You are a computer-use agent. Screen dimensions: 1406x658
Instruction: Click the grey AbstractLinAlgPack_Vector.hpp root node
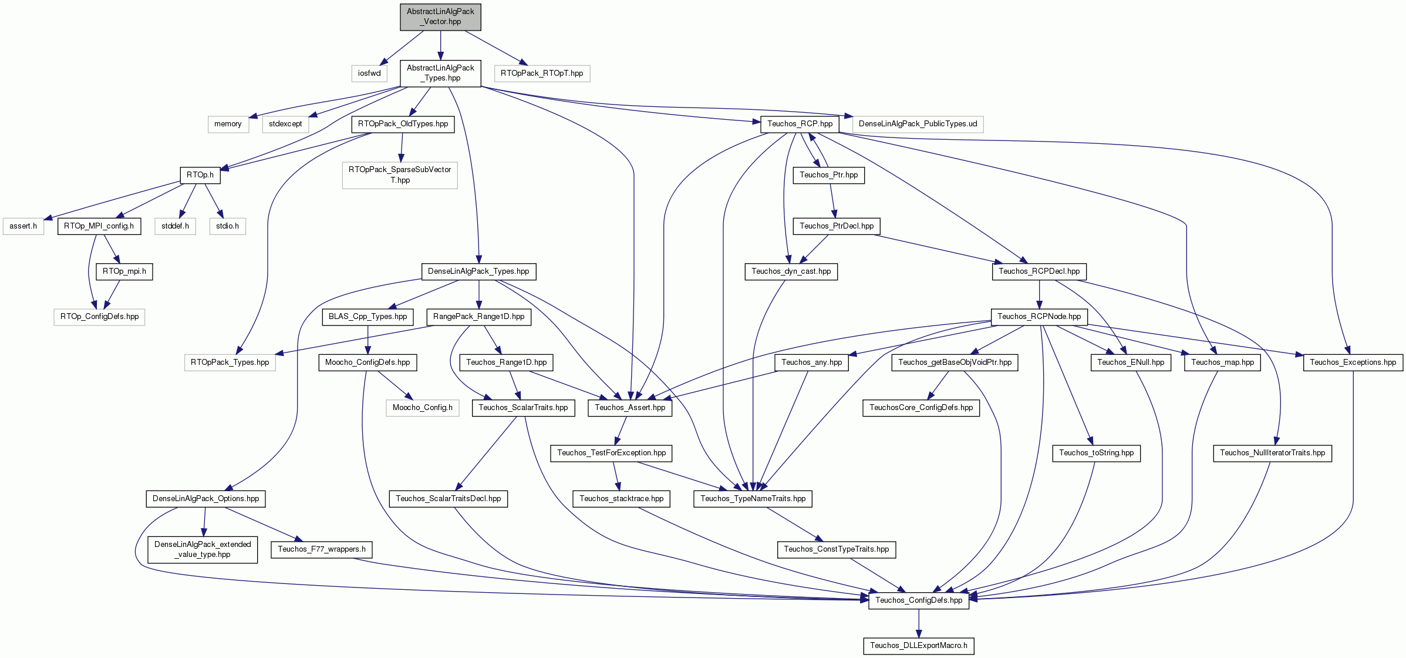[x=440, y=16]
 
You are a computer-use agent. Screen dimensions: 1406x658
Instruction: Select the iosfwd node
[x=369, y=73]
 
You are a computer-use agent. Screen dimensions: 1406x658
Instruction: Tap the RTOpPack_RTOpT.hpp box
[x=542, y=73]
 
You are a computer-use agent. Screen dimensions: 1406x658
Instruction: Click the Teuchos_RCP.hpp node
[x=800, y=124]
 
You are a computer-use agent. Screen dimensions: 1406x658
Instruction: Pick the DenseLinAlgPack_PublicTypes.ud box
[x=918, y=124]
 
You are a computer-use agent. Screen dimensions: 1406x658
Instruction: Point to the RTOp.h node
[x=200, y=175]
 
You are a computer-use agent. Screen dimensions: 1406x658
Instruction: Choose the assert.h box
[x=23, y=226]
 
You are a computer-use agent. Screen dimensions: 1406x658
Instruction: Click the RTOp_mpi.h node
[x=124, y=271]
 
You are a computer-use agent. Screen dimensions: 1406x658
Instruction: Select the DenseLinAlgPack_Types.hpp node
[x=478, y=271]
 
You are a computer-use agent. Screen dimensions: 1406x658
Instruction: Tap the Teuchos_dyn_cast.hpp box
[x=791, y=271]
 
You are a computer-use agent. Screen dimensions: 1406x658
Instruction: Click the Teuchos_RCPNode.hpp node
[x=1039, y=317]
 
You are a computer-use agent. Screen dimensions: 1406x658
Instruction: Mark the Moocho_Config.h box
[x=423, y=408]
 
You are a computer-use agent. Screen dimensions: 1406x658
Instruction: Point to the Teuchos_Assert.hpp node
[x=630, y=408]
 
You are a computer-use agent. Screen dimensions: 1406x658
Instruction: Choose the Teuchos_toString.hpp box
[x=1097, y=453]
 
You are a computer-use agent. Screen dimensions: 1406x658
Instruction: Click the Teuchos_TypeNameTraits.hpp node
[x=753, y=499]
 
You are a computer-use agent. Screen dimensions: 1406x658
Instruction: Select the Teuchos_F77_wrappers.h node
[x=322, y=549]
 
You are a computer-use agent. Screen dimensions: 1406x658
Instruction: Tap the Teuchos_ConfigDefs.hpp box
[x=919, y=600]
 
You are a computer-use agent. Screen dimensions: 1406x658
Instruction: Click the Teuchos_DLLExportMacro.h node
[x=919, y=646]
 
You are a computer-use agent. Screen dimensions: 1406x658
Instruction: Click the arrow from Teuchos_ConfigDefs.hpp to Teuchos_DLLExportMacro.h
[x=919, y=623]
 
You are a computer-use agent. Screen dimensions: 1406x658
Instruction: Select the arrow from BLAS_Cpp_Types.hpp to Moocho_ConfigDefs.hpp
[x=367, y=340]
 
